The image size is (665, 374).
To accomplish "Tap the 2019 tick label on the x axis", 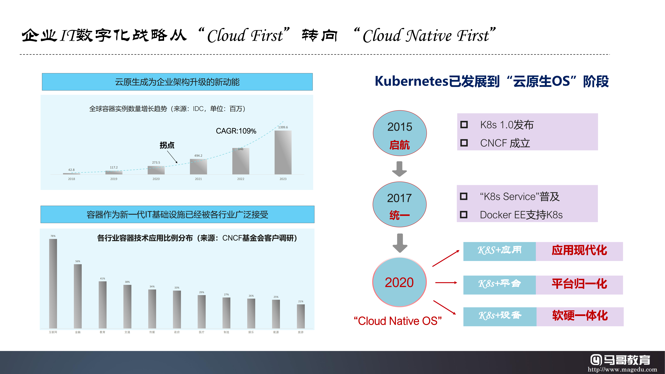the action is pos(114,179).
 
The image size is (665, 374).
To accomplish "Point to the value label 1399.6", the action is pos(283,127).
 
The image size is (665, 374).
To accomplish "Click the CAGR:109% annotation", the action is pos(236,131).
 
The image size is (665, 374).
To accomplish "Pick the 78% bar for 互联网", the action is pos(53,283).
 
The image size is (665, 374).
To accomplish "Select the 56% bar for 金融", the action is pos(78,296).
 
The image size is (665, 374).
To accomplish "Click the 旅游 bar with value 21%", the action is pos(301,316).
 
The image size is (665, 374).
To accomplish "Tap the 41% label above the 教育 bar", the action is pos(102,279).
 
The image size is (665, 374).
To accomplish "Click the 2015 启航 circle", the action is pos(400,133).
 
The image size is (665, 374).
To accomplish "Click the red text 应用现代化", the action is pos(579,250).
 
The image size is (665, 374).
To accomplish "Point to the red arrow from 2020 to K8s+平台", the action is pos(446,283).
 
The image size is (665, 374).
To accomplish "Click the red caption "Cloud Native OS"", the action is pos(398,321).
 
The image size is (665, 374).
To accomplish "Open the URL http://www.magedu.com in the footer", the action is pos(622,369).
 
